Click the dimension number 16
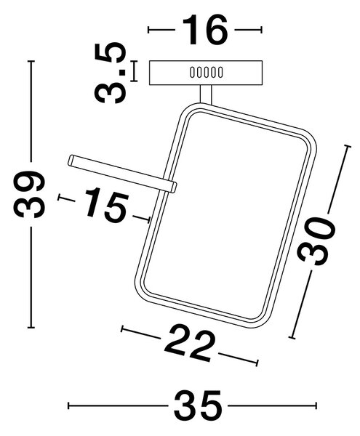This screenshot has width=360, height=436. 205,30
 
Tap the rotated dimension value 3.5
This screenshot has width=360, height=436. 110,73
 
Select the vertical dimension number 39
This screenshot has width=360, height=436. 29,194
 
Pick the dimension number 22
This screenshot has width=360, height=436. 191,344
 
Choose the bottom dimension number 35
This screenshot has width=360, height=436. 198,405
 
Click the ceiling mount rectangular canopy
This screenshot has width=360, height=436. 206,73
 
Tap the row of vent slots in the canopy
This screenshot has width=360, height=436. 206,72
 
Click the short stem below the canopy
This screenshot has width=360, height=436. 206,94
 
